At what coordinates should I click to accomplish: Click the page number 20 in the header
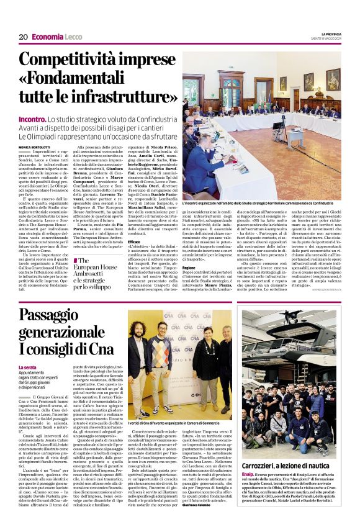[x=22, y=37]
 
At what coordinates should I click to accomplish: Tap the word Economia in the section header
[x=47, y=37]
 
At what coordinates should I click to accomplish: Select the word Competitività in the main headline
[x=67, y=61]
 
